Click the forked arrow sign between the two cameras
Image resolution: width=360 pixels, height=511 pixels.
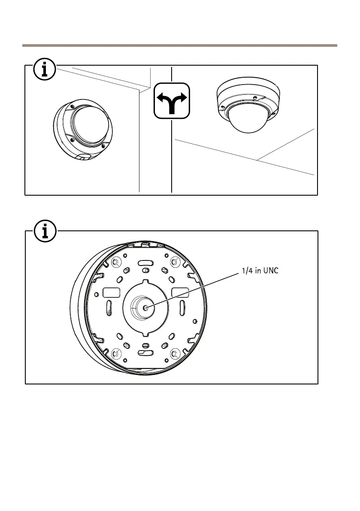(x=172, y=100)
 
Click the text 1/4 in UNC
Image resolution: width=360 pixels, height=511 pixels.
(x=257, y=271)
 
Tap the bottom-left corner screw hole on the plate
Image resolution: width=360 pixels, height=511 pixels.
(x=115, y=354)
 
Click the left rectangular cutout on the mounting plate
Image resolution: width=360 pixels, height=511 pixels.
(x=111, y=293)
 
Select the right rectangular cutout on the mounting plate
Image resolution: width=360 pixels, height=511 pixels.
(x=180, y=292)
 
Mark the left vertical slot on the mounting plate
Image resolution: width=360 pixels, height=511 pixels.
(x=109, y=308)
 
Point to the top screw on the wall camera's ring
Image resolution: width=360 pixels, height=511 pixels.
(x=73, y=106)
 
